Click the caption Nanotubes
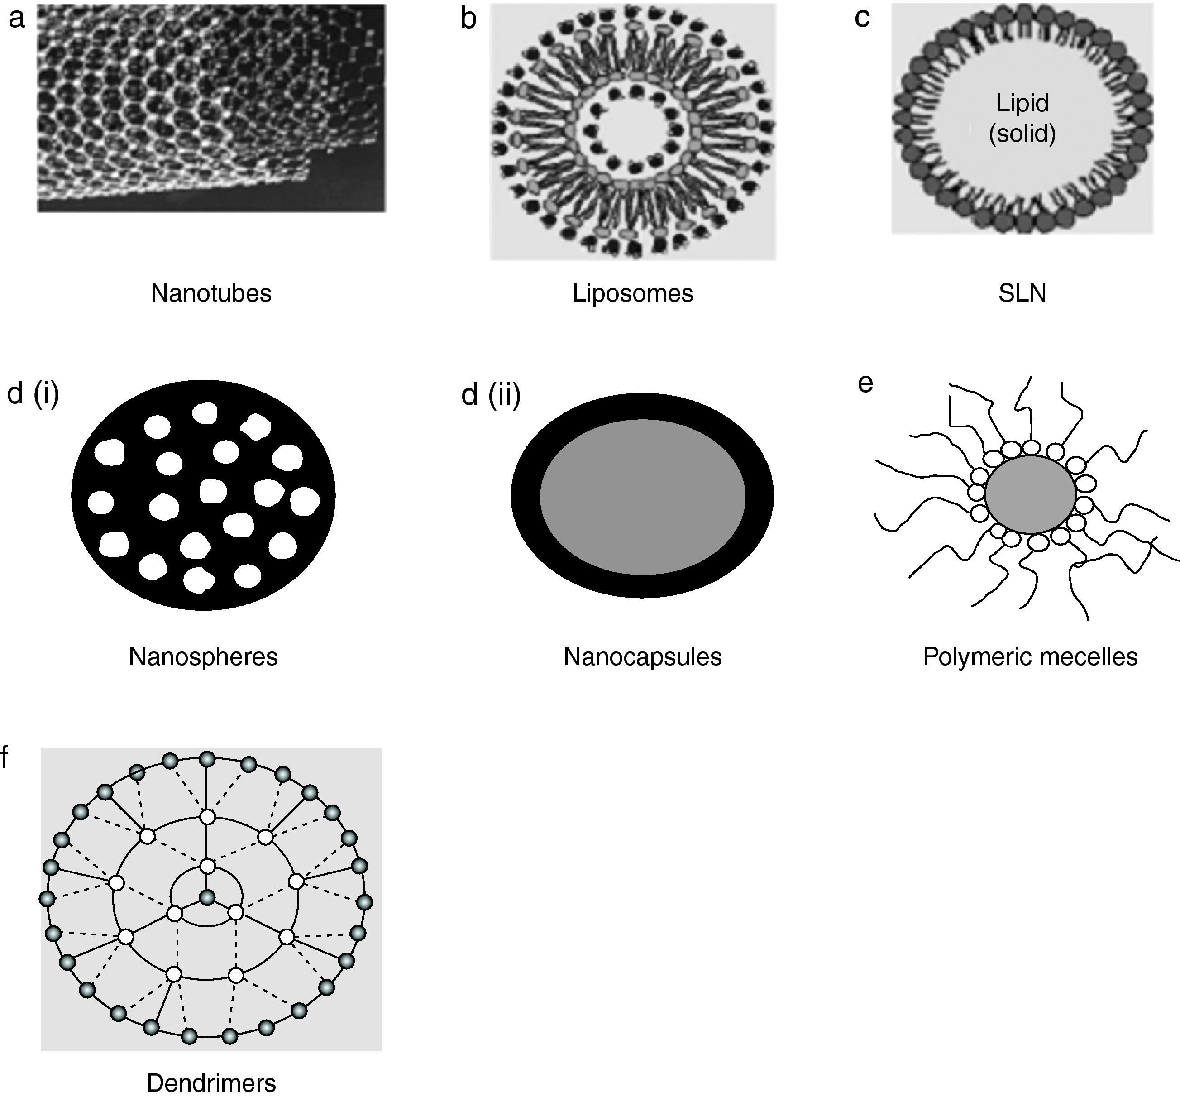click(211, 293)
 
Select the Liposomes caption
click(633, 293)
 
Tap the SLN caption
click(1022, 293)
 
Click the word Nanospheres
click(203, 656)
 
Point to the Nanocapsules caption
click(642, 656)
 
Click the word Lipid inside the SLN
click(1022, 103)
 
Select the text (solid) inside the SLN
click(1022, 133)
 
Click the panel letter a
click(17, 18)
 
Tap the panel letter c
click(862, 18)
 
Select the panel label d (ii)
click(491, 394)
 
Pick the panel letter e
click(865, 383)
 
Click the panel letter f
click(5, 757)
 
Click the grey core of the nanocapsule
click(642, 496)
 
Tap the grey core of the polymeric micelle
click(1031, 494)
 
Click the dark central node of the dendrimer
click(206, 897)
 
